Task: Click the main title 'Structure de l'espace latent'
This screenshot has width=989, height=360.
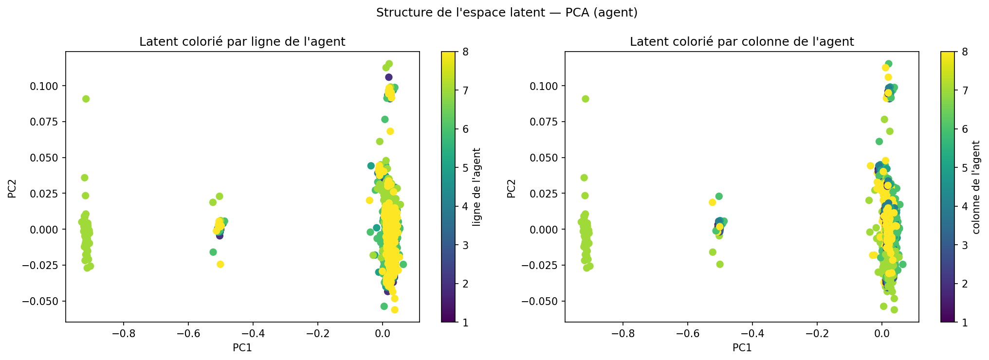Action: coord(507,13)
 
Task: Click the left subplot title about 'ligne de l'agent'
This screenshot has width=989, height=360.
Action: coord(242,42)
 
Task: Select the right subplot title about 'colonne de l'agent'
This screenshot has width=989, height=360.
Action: coord(741,42)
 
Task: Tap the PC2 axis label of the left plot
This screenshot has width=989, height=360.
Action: coord(12,189)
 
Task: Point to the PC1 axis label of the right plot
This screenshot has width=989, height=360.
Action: coord(742,348)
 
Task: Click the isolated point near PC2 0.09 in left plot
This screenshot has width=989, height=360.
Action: coord(86,99)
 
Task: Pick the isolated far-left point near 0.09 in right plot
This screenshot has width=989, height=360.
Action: coord(585,99)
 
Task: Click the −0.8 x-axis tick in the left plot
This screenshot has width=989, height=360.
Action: coord(123,334)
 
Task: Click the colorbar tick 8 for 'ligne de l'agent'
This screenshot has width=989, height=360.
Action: coord(466,52)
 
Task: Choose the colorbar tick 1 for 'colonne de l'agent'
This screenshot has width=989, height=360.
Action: coord(965,322)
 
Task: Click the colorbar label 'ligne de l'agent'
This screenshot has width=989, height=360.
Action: coord(477,187)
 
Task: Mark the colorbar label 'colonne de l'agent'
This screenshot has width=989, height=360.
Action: coord(976,187)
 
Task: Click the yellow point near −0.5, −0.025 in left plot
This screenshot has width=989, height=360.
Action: coord(220,264)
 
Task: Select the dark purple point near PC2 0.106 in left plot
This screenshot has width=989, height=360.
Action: coord(388,77)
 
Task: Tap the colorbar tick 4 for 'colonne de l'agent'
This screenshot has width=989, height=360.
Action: coord(965,206)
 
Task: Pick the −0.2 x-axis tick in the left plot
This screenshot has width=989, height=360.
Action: coord(317,334)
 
